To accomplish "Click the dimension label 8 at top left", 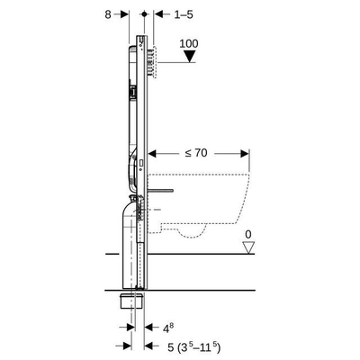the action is click(x=108, y=14).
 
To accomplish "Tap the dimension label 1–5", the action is click(x=184, y=14).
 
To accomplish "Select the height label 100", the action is click(x=189, y=44).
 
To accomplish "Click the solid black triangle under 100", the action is click(x=189, y=56).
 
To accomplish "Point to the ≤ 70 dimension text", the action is click(x=196, y=153).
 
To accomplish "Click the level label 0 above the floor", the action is click(x=248, y=234).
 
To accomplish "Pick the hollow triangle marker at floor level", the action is click(x=248, y=247).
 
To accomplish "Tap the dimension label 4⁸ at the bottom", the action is click(x=168, y=328).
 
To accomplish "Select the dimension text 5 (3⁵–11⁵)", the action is click(x=194, y=347).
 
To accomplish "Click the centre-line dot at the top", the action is click(x=145, y=14).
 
